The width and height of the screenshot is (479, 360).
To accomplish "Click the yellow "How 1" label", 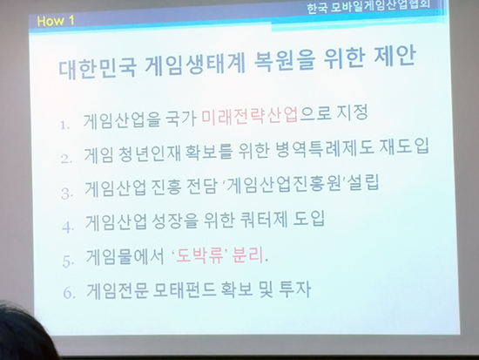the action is tap(55, 21).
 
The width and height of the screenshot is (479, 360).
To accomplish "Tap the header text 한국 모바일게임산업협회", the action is tap(368, 6).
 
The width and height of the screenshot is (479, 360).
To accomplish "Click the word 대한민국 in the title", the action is tap(98, 69).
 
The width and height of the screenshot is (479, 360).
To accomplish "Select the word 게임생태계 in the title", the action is tap(195, 65).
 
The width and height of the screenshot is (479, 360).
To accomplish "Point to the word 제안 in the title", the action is tap(395, 57).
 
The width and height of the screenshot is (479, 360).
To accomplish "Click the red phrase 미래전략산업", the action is tap(249, 116).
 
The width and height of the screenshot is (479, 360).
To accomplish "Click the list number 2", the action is tap(66, 159).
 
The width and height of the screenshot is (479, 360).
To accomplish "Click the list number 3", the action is tap(67, 193).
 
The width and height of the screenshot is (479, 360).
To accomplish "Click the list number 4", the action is tap(68, 228).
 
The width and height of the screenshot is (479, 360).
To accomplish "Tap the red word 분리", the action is tap(247, 255).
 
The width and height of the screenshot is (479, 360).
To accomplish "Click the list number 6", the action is tap(69, 293).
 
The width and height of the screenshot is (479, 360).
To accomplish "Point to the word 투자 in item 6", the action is tap(295, 289).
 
